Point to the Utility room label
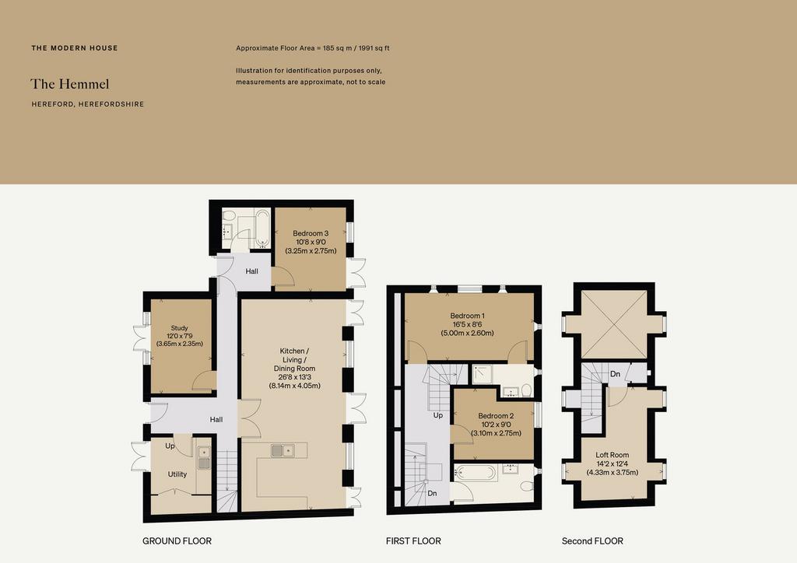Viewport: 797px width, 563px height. click(x=177, y=474)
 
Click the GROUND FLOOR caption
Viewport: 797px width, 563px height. click(x=177, y=541)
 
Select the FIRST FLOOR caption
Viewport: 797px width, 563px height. click(x=413, y=541)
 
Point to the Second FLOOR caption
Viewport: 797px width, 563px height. click(x=592, y=541)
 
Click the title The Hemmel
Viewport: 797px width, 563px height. click(x=69, y=84)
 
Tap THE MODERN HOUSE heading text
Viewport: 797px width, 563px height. click(x=75, y=48)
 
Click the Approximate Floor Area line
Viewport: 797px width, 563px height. click(x=313, y=48)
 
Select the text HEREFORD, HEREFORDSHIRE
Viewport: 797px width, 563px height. click(x=88, y=104)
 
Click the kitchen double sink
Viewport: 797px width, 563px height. click(x=283, y=450)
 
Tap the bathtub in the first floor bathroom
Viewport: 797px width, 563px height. click(x=476, y=473)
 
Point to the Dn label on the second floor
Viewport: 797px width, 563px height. click(x=615, y=374)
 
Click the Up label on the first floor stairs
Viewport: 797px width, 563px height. click(x=437, y=415)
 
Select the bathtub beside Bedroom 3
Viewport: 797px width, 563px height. click(x=263, y=229)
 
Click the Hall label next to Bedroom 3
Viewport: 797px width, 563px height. click(x=251, y=271)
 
